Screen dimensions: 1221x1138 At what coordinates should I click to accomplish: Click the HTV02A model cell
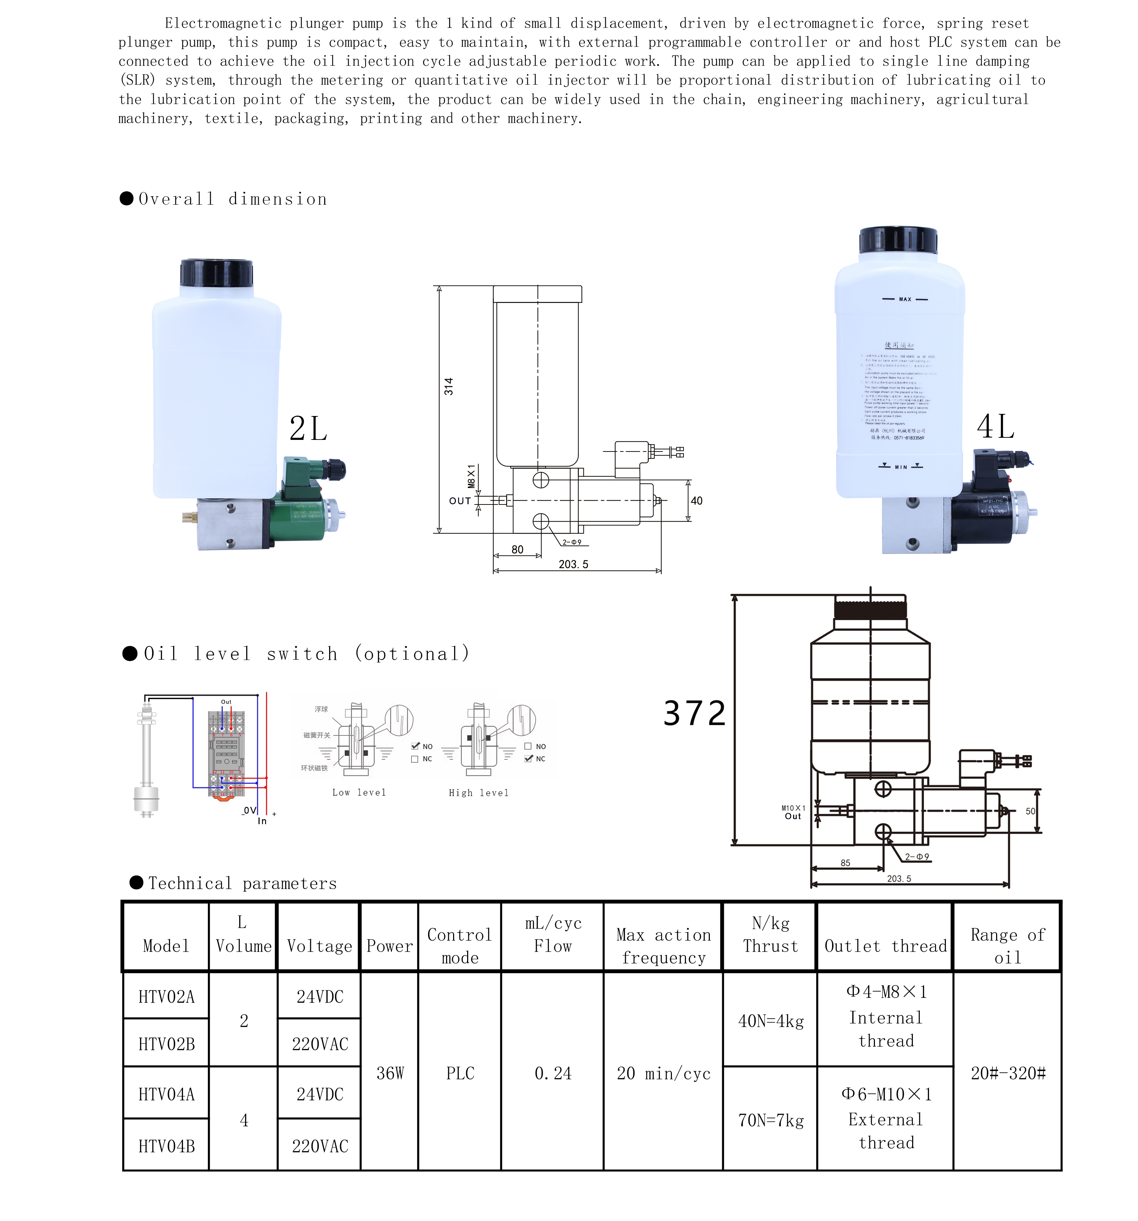(166, 996)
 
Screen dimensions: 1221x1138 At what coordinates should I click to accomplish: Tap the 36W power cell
(390, 1073)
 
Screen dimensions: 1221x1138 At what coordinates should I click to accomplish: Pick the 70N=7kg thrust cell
(771, 1120)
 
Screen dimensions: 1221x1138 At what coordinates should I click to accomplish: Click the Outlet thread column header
(885, 946)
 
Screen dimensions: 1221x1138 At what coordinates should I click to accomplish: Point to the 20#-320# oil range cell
(1008, 1073)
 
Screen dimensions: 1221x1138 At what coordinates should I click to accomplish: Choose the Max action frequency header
(663, 946)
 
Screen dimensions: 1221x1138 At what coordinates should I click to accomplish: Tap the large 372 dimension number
(694, 713)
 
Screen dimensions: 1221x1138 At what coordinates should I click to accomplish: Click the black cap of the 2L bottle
(216, 272)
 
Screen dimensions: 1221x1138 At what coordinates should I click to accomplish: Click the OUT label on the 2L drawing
(460, 501)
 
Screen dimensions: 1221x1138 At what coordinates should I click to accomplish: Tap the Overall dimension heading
(232, 199)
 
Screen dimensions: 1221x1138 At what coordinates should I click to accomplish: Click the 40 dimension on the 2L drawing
(696, 501)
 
